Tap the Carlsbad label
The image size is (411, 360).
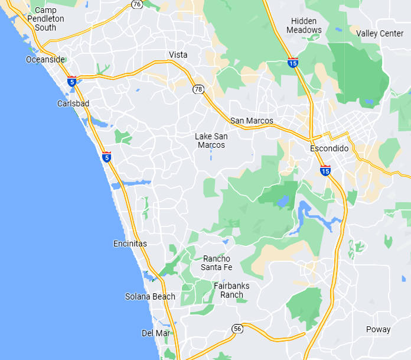click(73, 103)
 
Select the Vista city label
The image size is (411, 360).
click(178, 55)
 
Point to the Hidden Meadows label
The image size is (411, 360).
click(304, 25)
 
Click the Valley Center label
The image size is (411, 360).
click(380, 34)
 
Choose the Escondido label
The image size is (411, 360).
click(329, 149)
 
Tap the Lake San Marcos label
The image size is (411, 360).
click(211, 141)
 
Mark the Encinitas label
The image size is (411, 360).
click(130, 244)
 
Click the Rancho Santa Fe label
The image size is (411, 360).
click(216, 263)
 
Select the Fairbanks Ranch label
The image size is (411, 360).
click(231, 290)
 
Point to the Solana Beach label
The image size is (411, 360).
click(150, 297)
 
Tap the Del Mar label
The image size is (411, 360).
click(156, 333)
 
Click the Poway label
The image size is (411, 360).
click(378, 329)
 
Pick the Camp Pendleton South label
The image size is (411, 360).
click(45, 18)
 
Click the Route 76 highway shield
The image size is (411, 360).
click(137, 4)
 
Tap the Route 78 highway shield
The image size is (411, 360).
click(198, 89)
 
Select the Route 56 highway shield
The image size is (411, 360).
click(237, 328)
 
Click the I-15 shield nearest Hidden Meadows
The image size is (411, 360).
click(293, 61)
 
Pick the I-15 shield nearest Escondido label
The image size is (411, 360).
click(325, 170)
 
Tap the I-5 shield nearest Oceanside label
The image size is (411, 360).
click(71, 82)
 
